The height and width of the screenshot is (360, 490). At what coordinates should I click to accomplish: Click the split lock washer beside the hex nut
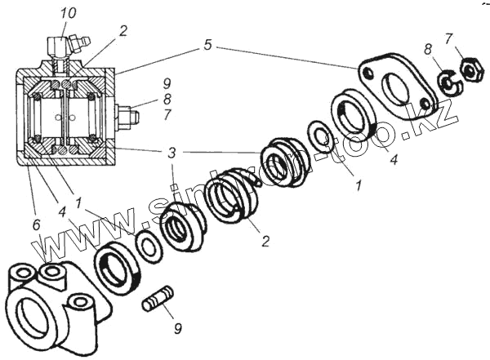pos(446,83)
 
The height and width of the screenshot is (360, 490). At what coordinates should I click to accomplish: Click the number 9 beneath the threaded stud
pos(177,330)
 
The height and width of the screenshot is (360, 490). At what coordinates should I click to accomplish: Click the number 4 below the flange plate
pos(393,159)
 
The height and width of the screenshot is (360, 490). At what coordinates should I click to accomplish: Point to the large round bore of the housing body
pos(33,312)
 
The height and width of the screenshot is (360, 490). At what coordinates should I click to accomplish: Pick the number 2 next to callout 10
pos(122,32)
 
